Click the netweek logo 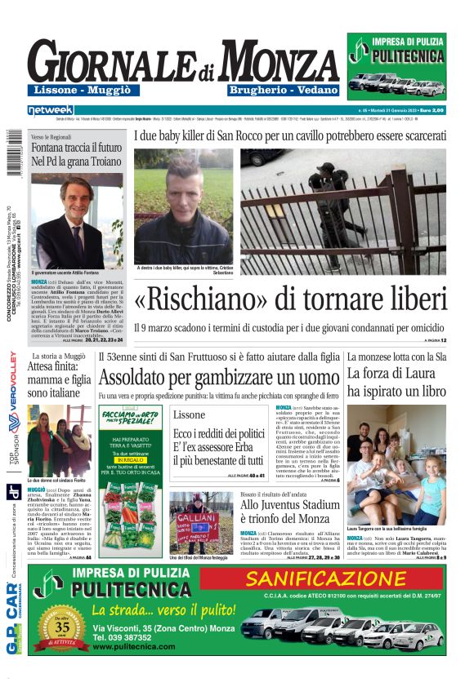pyautogui.click(x=50, y=109)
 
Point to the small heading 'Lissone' pyautogui.click(x=190, y=414)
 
